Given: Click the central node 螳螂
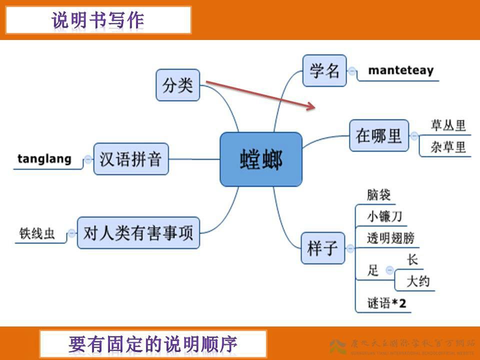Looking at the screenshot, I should pos(261,159).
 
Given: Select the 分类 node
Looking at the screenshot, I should pos(177,85).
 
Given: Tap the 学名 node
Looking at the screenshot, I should pos(324,70).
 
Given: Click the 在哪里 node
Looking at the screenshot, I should pos(378,135).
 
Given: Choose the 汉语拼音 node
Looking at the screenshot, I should pos(130,159).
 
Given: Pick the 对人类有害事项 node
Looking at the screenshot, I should pos(138,232).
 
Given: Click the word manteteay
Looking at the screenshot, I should pos(401,70).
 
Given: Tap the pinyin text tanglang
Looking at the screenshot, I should pos(44,159).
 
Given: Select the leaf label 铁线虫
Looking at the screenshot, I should pos(37,233).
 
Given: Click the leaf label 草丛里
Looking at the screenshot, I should pos(448,125).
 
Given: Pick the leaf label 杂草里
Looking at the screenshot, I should pos(448,147).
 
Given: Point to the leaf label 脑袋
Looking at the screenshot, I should pos(378,195).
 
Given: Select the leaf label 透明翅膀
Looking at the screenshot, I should pos(390,238).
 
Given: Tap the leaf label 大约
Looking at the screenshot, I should pos(418,281).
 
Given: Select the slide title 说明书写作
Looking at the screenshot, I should pos(98,20).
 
